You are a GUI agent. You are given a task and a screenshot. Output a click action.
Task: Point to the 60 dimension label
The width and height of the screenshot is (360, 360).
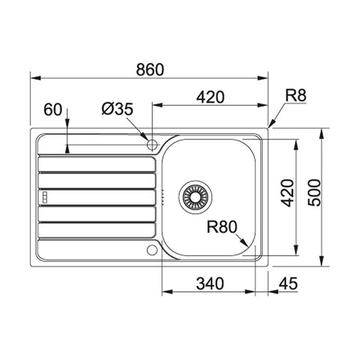[53, 109]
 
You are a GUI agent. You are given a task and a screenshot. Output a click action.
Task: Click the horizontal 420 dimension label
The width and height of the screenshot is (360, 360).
[210, 97]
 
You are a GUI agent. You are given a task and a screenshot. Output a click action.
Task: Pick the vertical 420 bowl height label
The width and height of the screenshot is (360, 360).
[287, 193]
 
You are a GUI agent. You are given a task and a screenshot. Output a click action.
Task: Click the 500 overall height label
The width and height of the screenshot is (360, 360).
[314, 193]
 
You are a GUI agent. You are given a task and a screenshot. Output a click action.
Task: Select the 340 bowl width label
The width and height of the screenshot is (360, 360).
[210, 284]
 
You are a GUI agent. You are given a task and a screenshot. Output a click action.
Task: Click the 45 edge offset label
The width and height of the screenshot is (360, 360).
[288, 283]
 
